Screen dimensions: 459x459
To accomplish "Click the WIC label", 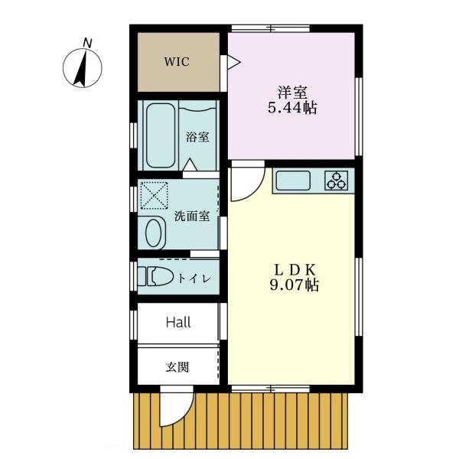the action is [177, 62].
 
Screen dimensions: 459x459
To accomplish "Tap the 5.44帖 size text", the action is [292, 108].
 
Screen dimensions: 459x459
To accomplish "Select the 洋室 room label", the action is [292, 93].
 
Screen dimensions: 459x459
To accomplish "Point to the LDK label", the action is [295, 270].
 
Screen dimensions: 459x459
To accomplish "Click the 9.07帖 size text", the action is [295, 285].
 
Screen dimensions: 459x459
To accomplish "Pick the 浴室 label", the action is [197, 137].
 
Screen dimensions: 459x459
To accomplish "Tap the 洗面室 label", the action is [192, 216].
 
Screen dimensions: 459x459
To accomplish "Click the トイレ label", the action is [194, 278].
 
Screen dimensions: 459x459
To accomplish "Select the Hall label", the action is [178, 323].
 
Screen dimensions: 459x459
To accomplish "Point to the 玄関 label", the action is [177, 366].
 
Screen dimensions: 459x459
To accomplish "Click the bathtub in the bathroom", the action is [160, 135].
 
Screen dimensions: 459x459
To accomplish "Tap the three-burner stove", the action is [337, 181].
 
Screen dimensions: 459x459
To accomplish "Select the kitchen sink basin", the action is [293, 181].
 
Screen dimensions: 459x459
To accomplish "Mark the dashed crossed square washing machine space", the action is [155, 196].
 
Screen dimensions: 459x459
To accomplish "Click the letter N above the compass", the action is [87, 43].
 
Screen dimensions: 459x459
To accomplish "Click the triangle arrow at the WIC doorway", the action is [233, 63].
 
